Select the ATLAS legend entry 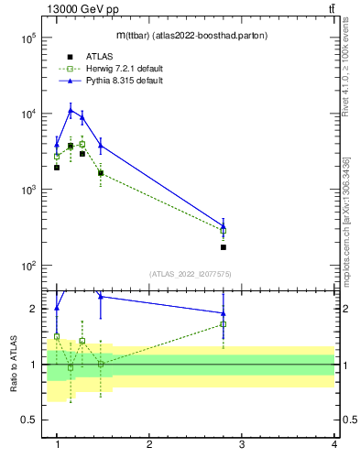[99, 56]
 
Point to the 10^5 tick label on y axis [27, 38]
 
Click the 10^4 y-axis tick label [27, 115]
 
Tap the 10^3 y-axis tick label [27, 191]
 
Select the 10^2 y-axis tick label [27, 267]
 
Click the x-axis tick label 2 [149, 444]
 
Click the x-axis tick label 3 [242, 444]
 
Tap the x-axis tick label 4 [333, 444]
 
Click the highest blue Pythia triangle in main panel [71, 111]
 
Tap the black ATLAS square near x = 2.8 [224, 247]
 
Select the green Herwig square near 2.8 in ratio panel [224, 324]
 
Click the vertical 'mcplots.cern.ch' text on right [346, 229]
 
